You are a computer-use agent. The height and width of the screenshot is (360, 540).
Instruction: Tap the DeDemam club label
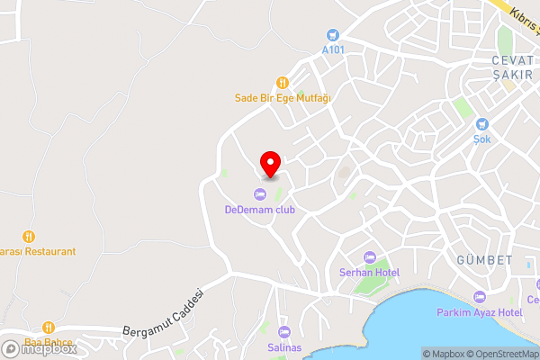tap(260, 210)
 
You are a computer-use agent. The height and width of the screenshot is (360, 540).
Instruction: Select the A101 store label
tap(334, 49)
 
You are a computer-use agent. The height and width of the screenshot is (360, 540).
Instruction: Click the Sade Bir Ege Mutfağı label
tap(282, 96)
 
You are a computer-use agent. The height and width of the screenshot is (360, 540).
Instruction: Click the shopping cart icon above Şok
tap(482, 124)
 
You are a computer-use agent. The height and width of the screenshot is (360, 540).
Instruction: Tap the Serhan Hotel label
tap(369, 272)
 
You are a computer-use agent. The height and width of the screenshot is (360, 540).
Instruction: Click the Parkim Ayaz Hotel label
tap(479, 311)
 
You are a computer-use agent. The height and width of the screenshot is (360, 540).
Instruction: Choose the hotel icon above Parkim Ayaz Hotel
tap(479, 296)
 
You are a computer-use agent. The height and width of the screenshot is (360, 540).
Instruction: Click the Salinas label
tap(284, 346)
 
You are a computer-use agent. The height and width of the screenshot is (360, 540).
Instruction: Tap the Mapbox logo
tap(39, 348)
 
